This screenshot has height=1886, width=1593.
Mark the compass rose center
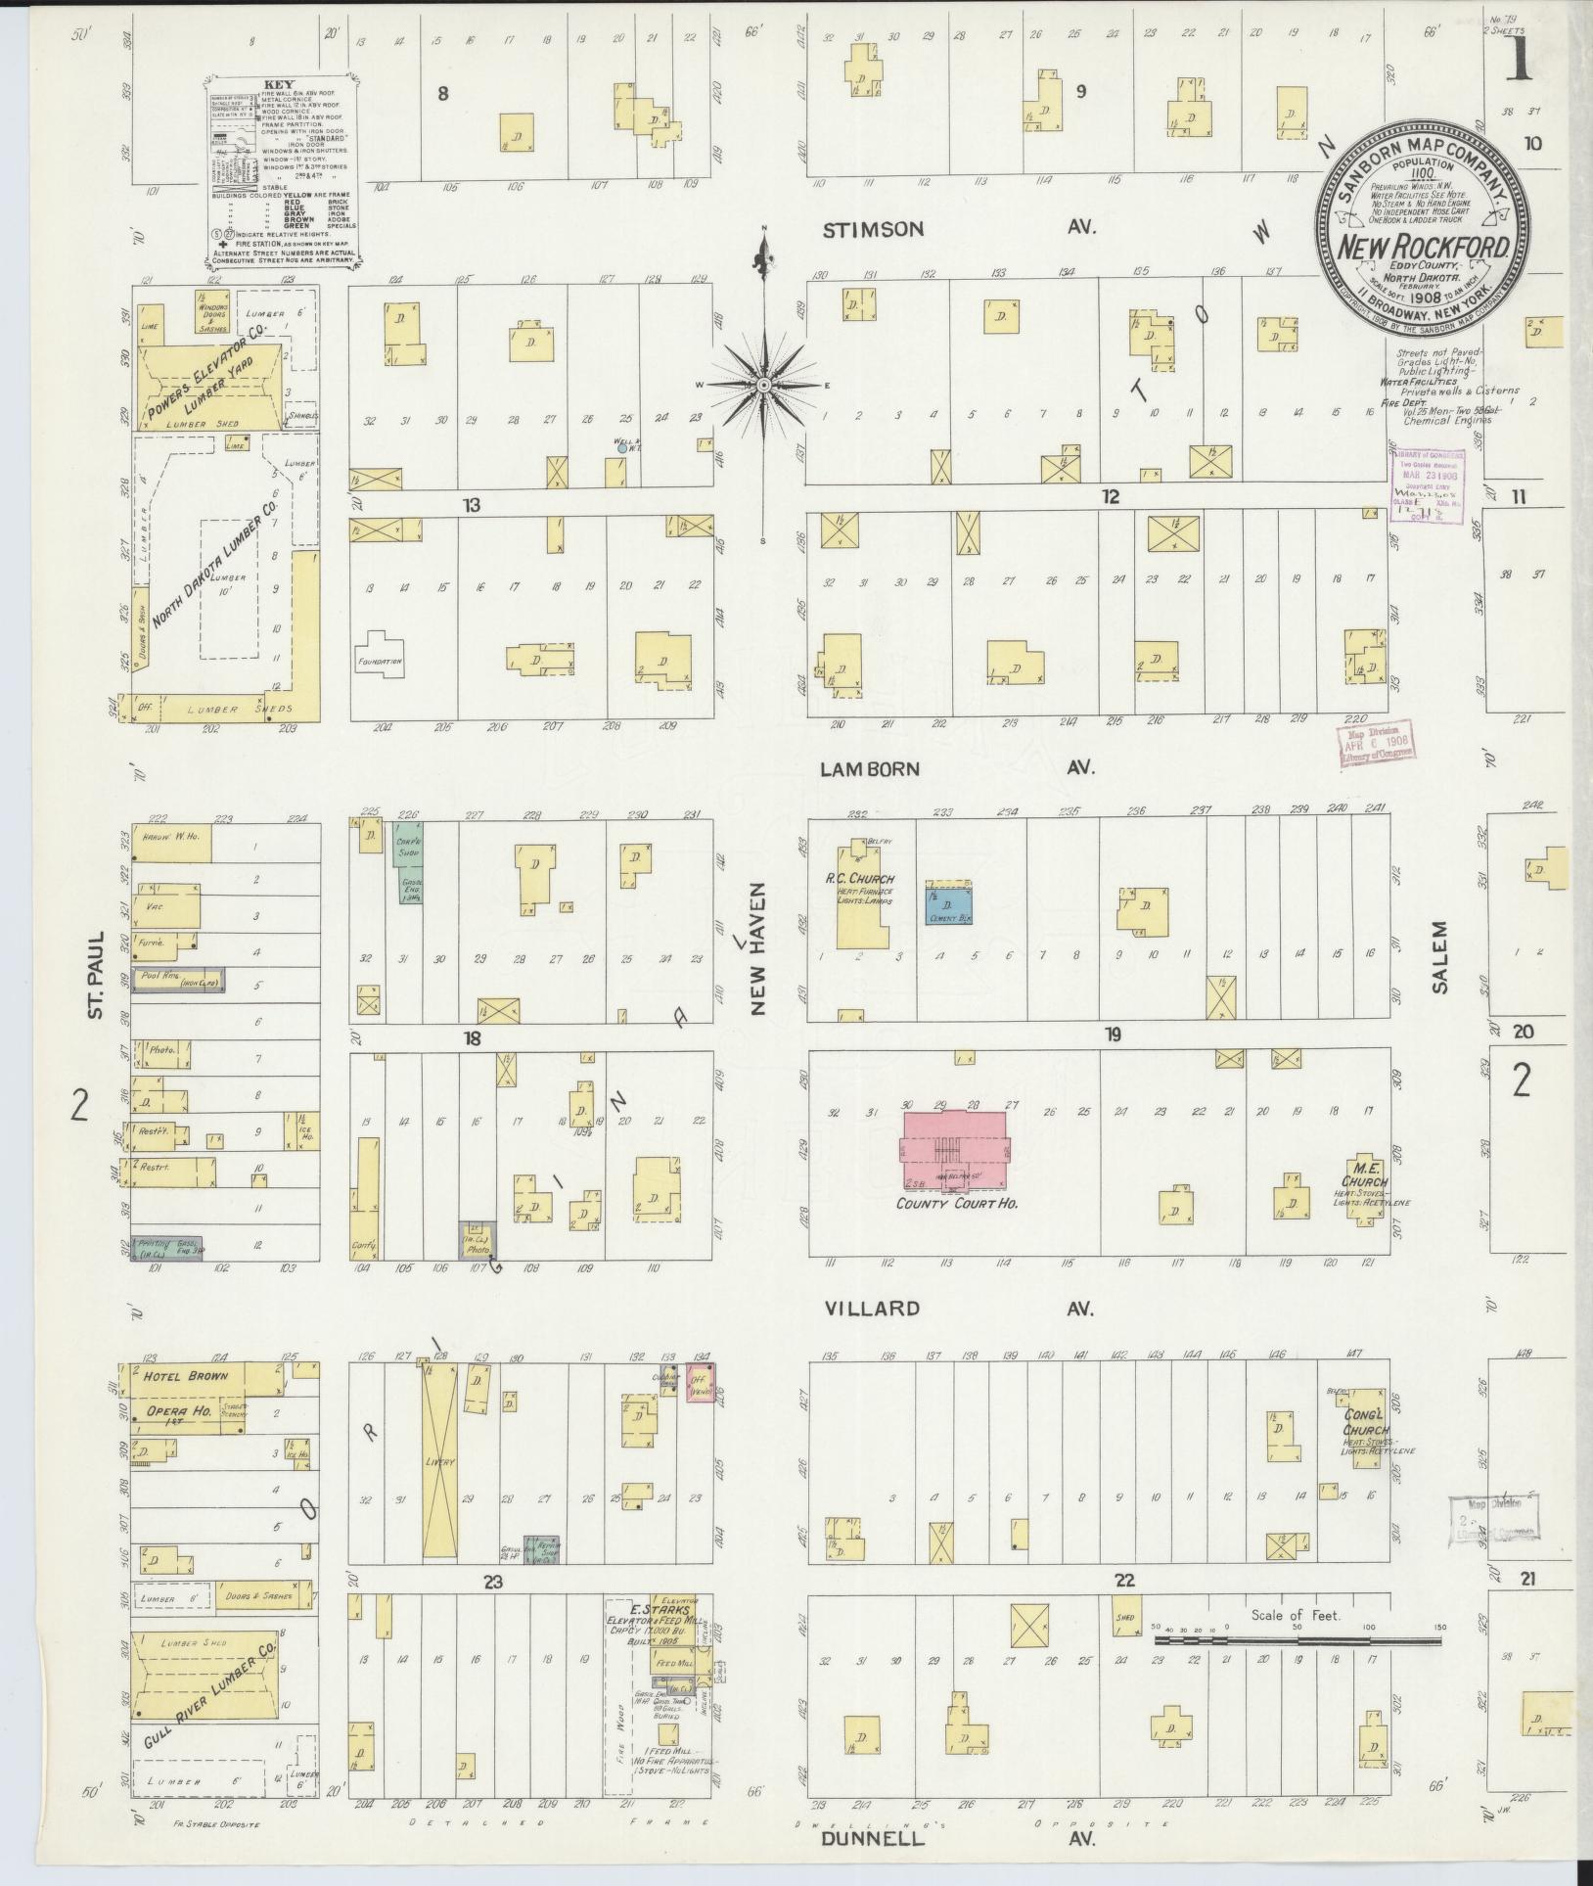click(763, 385)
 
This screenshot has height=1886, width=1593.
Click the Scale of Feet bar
click(1298, 1639)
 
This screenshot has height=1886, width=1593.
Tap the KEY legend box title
click(278, 85)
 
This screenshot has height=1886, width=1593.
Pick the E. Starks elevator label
click(661, 1611)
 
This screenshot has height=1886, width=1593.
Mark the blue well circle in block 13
click(622, 448)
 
